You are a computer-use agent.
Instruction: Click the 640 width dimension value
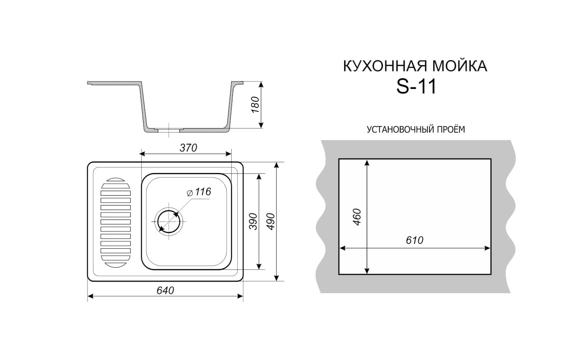point(165,290)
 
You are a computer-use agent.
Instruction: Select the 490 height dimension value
point(272,222)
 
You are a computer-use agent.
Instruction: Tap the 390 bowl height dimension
point(253,222)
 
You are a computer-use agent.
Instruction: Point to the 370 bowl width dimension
point(188,148)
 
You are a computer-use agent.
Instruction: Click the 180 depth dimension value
point(255,105)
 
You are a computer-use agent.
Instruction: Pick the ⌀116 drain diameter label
point(199,192)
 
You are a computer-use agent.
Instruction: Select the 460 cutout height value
point(356,217)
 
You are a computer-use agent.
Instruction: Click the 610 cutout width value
point(415,240)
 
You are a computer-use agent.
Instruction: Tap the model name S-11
point(416,87)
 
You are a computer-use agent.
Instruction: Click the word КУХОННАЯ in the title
point(386,66)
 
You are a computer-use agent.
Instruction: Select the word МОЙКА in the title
point(460,66)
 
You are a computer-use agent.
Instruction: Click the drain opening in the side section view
point(169,129)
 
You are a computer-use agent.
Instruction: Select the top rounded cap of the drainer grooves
point(115,180)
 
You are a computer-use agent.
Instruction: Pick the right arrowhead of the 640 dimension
point(240,296)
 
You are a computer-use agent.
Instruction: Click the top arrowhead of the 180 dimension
point(261,85)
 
